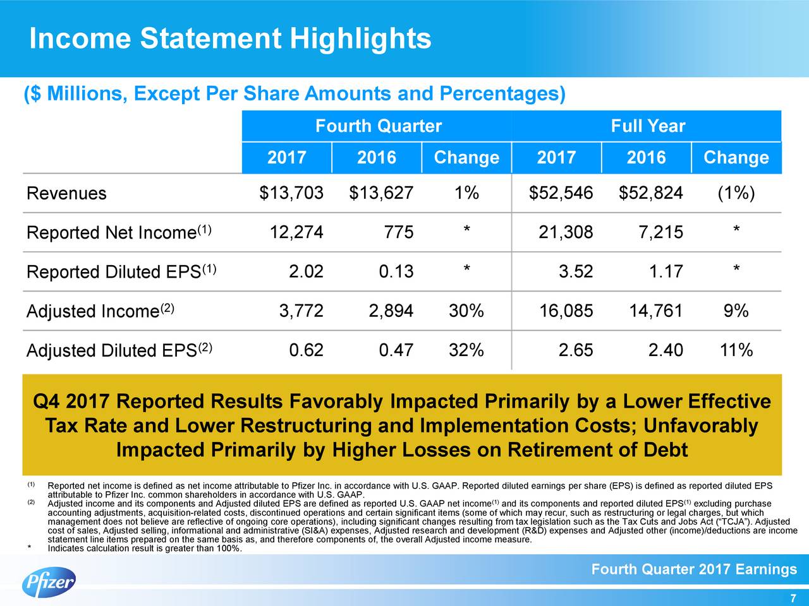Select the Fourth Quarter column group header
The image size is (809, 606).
(378, 126)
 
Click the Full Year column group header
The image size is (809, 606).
(647, 126)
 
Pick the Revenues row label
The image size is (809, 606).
(66, 193)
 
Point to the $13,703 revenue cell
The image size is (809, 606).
(291, 193)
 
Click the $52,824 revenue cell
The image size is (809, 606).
(651, 193)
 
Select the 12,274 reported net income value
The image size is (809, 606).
(296, 232)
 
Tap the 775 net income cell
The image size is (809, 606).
(399, 232)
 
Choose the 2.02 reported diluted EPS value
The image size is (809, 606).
(306, 271)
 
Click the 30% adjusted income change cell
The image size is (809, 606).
(466, 311)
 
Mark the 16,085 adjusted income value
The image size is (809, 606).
(566, 311)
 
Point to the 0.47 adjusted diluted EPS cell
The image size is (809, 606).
(396, 350)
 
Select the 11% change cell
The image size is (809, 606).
(736, 350)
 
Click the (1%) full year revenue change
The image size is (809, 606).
(736, 193)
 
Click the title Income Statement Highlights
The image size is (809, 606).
(230, 39)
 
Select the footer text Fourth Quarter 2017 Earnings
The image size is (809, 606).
(693, 570)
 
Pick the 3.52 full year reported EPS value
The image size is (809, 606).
(576, 271)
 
